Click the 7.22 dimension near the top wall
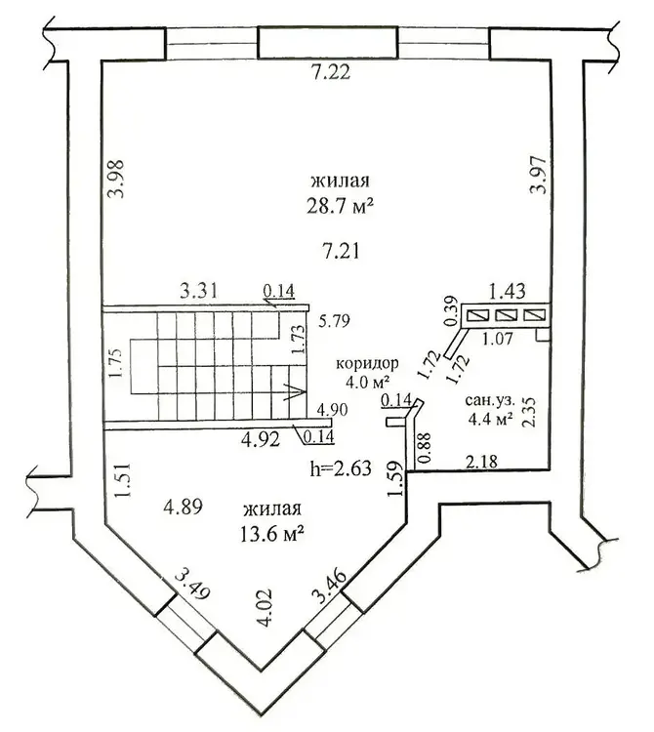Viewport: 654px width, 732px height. click(331, 72)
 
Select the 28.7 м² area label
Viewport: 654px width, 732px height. click(341, 205)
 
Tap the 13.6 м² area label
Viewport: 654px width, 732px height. click(272, 533)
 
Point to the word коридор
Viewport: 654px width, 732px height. click(367, 363)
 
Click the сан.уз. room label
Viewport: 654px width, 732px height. click(490, 401)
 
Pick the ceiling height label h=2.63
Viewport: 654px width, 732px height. click(341, 468)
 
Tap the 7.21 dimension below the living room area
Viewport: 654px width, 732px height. click(341, 251)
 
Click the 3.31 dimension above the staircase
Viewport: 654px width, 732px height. click(199, 291)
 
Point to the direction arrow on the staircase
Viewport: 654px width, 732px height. click(295, 391)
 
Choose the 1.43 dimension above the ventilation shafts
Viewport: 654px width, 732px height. click(507, 291)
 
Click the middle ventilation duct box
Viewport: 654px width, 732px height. click(505, 315)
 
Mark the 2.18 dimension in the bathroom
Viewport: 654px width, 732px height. click(482, 463)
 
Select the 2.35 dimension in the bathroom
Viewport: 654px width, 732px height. click(529, 412)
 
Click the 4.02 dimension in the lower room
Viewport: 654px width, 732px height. click(265, 607)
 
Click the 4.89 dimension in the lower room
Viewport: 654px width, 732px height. click(183, 507)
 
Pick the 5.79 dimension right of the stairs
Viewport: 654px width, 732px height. click(334, 321)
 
